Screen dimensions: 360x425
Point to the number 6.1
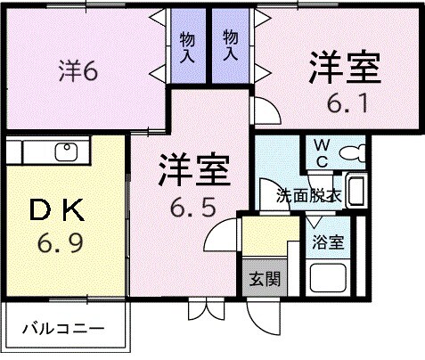(x=345, y=103)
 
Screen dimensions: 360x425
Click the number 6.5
(x=194, y=209)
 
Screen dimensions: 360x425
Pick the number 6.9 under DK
(x=61, y=241)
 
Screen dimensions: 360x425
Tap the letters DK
(x=60, y=210)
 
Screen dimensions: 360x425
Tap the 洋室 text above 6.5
(x=194, y=170)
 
